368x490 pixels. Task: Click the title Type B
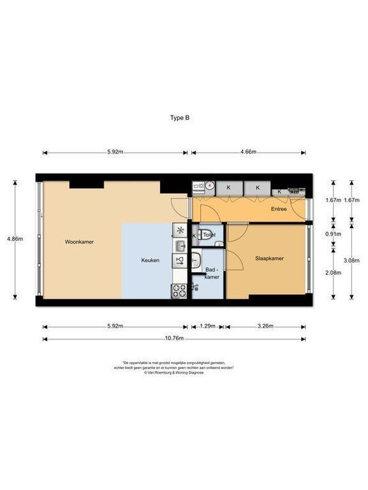pyautogui.click(x=179, y=117)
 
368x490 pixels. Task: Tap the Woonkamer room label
pyautogui.click(x=79, y=242)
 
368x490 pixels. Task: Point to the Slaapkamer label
pyautogui.click(x=269, y=258)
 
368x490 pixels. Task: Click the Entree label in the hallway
pyautogui.click(x=278, y=209)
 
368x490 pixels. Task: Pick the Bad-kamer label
pyautogui.click(x=211, y=274)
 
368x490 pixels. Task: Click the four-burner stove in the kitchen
pyautogui.click(x=180, y=291)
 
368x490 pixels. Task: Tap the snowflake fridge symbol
pyautogui.click(x=180, y=230)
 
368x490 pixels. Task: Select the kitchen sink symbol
pyautogui.click(x=180, y=245)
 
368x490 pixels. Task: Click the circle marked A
pyautogui.click(x=210, y=185)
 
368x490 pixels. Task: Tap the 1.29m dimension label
pyautogui.click(x=207, y=327)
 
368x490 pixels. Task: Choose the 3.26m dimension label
pyautogui.click(x=265, y=327)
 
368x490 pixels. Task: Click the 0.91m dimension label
pyautogui.click(x=333, y=234)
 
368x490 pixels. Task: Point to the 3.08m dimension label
pyautogui.click(x=352, y=261)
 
